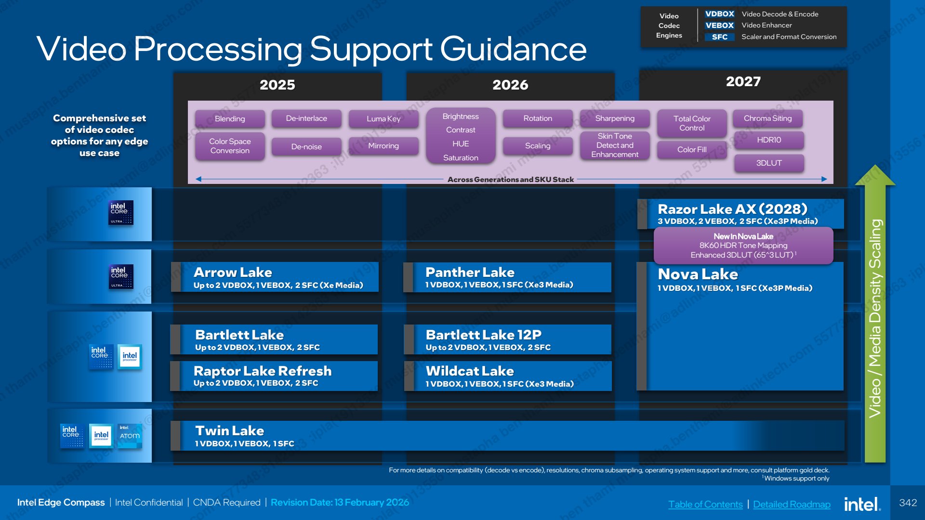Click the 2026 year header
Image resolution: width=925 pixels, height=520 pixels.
pyautogui.click(x=510, y=85)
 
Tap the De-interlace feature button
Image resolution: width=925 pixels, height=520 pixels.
pyautogui.click(x=306, y=118)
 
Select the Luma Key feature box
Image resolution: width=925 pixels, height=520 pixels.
pyautogui.click(x=383, y=118)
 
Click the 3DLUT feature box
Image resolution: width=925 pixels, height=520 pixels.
pyautogui.click(x=769, y=163)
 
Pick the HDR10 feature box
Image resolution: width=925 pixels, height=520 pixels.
pyautogui.click(x=769, y=140)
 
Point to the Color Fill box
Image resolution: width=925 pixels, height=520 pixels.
pyautogui.click(x=692, y=150)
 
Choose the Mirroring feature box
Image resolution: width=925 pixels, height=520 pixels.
pyautogui.click(x=383, y=146)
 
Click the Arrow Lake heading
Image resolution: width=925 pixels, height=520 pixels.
pyautogui.click(x=233, y=273)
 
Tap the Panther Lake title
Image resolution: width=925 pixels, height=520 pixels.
pyautogui.click(x=470, y=273)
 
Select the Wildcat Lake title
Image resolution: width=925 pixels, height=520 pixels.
pyautogui.click(x=470, y=371)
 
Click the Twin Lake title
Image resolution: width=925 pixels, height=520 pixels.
pyautogui.click(x=229, y=430)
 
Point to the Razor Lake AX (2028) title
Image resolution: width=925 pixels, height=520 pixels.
pyautogui.click(x=732, y=209)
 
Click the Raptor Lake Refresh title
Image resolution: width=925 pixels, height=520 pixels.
pyautogui.click(x=263, y=371)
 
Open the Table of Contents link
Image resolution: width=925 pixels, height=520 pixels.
pyautogui.click(x=705, y=504)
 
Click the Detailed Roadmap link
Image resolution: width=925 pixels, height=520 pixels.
pyautogui.click(x=792, y=504)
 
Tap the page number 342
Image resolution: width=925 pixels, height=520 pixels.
pyautogui.click(x=908, y=503)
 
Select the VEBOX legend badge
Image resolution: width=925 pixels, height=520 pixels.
pyautogui.click(x=719, y=26)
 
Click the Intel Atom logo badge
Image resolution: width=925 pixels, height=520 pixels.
pyautogui.click(x=130, y=435)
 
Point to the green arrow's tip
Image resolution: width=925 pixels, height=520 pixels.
pyautogui.click(x=875, y=165)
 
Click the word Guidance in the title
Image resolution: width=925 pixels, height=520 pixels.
pyautogui.click(x=514, y=49)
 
